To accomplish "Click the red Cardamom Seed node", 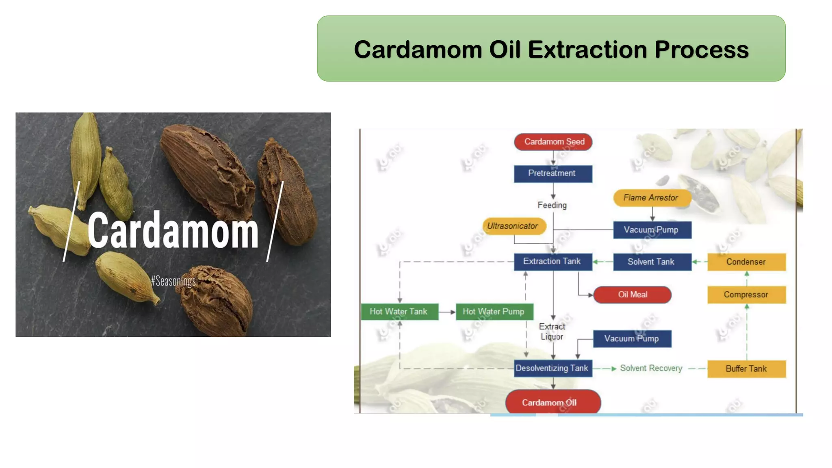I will tap(553, 142).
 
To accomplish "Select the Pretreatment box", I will tap(553, 173).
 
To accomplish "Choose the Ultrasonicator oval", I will tap(513, 226).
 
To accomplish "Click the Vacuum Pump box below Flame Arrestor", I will tap(652, 230).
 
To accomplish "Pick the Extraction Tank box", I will tap(552, 262).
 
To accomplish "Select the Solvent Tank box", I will tap(652, 262).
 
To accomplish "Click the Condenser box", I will tap(746, 262).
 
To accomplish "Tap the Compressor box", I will tap(746, 295).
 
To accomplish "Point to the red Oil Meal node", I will tap(632, 295).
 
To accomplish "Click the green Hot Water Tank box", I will tap(399, 312).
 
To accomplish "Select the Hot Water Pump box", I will tap(494, 312).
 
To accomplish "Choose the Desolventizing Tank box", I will tap(552, 368).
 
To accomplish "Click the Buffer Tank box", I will tap(746, 369).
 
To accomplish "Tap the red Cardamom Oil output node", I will tap(552, 402).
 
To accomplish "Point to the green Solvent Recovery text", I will tap(651, 368).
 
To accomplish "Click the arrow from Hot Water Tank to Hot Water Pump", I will tap(447, 312).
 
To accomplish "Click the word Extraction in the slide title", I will tap(587, 50).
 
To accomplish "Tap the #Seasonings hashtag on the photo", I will tap(173, 281).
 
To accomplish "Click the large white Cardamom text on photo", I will tap(173, 230).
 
